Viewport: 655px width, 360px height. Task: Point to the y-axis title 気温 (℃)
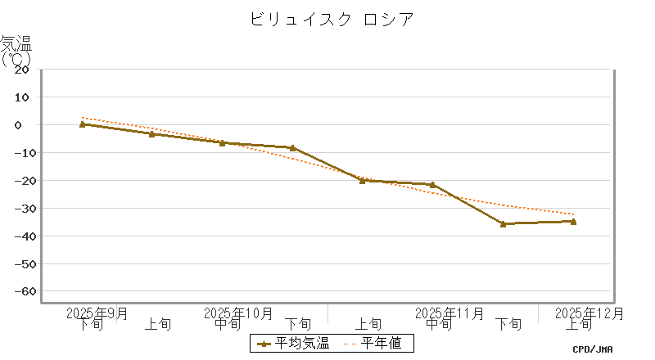point(16,50)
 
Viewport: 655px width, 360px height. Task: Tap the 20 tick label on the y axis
point(22,69)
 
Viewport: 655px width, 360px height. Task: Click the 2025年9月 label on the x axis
point(97,313)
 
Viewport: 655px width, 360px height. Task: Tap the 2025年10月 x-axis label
point(237,313)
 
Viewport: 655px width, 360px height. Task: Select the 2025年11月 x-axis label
point(449,313)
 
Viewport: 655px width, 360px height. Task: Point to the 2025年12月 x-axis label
point(589,313)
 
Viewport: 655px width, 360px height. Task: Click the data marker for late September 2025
point(82,124)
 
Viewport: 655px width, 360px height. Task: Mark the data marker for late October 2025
point(292,148)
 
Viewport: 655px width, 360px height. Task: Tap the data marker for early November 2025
point(363,181)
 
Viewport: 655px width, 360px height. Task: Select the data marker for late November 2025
point(503,223)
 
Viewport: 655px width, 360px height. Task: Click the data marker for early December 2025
point(573,221)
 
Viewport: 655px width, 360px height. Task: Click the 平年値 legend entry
point(373,344)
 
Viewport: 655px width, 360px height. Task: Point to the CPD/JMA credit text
point(593,349)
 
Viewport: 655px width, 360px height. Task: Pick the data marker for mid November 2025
point(432,185)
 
